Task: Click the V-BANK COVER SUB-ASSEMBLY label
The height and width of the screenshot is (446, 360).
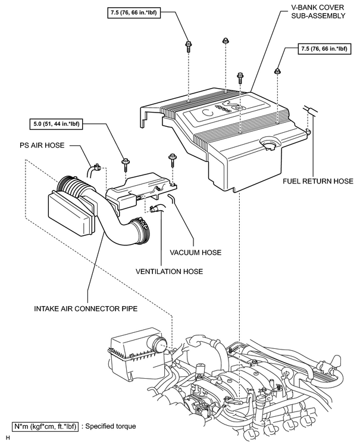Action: pyautogui.click(x=317, y=11)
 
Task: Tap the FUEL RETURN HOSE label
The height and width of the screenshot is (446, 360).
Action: pyautogui.click(x=318, y=181)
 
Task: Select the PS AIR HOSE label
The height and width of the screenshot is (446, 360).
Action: pyautogui.click(x=42, y=145)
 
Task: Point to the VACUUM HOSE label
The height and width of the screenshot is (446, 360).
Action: pyautogui.click(x=196, y=252)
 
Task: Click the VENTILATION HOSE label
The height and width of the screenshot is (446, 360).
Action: pyautogui.click(x=170, y=272)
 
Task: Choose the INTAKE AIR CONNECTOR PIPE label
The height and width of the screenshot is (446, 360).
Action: pyautogui.click(x=86, y=308)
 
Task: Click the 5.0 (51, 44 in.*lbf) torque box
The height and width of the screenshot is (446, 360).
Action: pyautogui.click(x=56, y=124)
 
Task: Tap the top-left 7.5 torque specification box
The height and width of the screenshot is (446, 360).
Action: pyautogui.click(x=133, y=13)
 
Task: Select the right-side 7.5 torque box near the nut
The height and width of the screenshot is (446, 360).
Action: pyautogui.click(x=324, y=49)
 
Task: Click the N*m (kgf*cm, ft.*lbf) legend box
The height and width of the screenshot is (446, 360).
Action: pyautogui.click(x=45, y=426)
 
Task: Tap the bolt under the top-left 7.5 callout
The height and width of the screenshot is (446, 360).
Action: pyautogui.click(x=188, y=46)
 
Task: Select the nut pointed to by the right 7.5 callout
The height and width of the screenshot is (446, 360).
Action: pyautogui.click(x=277, y=71)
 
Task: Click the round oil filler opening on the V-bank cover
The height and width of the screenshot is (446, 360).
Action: pyautogui.click(x=268, y=144)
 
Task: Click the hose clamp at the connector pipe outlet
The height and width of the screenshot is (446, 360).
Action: pyautogui.click(x=142, y=229)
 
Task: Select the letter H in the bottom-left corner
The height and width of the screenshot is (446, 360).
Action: pyautogui.click(x=8, y=438)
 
